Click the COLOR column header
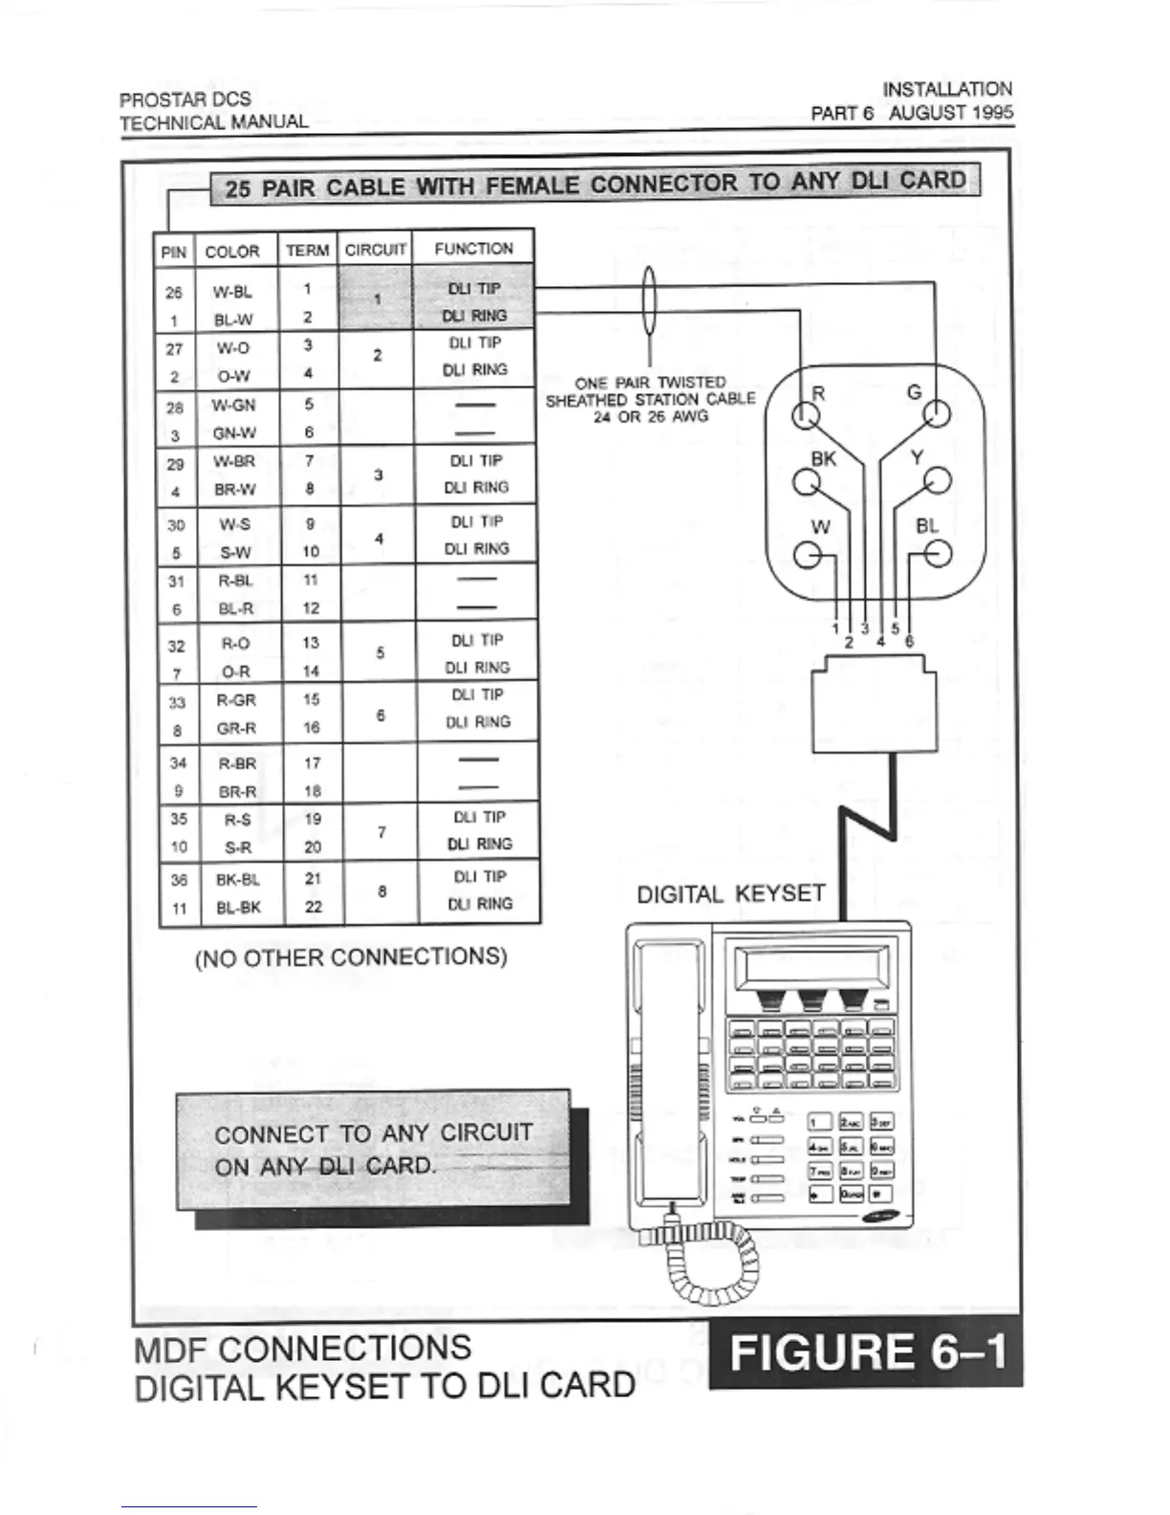tap(232, 252)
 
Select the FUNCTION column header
tap(473, 249)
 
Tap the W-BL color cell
tap(233, 293)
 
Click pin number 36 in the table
tap(179, 880)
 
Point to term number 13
tap(311, 643)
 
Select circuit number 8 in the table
tap(382, 891)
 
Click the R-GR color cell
tap(236, 700)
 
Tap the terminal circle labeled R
tap(806, 415)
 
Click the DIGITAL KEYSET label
tap(730, 894)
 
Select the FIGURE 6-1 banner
tap(866, 1352)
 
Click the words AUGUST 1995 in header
tap(950, 112)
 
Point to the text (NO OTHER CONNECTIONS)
tap(351, 957)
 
